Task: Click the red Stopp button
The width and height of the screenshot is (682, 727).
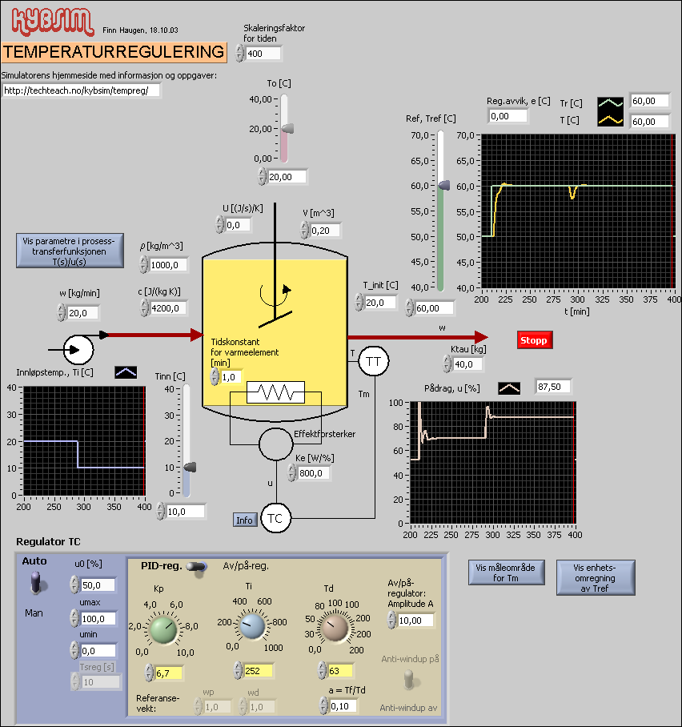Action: pyautogui.click(x=534, y=340)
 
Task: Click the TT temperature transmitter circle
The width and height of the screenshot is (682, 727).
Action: pyautogui.click(x=373, y=362)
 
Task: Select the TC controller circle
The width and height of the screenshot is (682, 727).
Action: pyautogui.click(x=275, y=519)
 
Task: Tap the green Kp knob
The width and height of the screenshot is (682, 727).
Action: pyautogui.click(x=163, y=629)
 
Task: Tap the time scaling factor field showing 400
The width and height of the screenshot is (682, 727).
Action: pyautogui.click(x=263, y=54)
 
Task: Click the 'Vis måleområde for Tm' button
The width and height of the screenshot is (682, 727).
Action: pyautogui.click(x=507, y=572)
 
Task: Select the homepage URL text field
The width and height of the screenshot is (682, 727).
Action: pyautogui.click(x=81, y=90)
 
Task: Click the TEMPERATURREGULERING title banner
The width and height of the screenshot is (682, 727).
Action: pyautogui.click(x=114, y=52)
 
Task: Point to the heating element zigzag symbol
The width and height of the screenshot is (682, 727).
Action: pyautogui.click(x=275, y=392)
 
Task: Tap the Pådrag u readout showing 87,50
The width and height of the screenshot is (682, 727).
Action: pyautogui.click(x=554, y=387)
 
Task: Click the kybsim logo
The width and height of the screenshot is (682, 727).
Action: pyautogui.click(x=47, y=20)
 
